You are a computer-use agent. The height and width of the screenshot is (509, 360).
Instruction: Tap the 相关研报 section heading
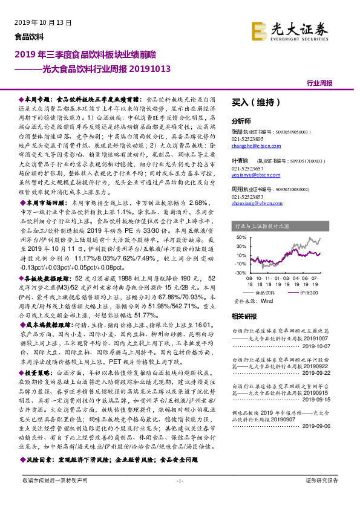pyautogui.click(x=246, y=316)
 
